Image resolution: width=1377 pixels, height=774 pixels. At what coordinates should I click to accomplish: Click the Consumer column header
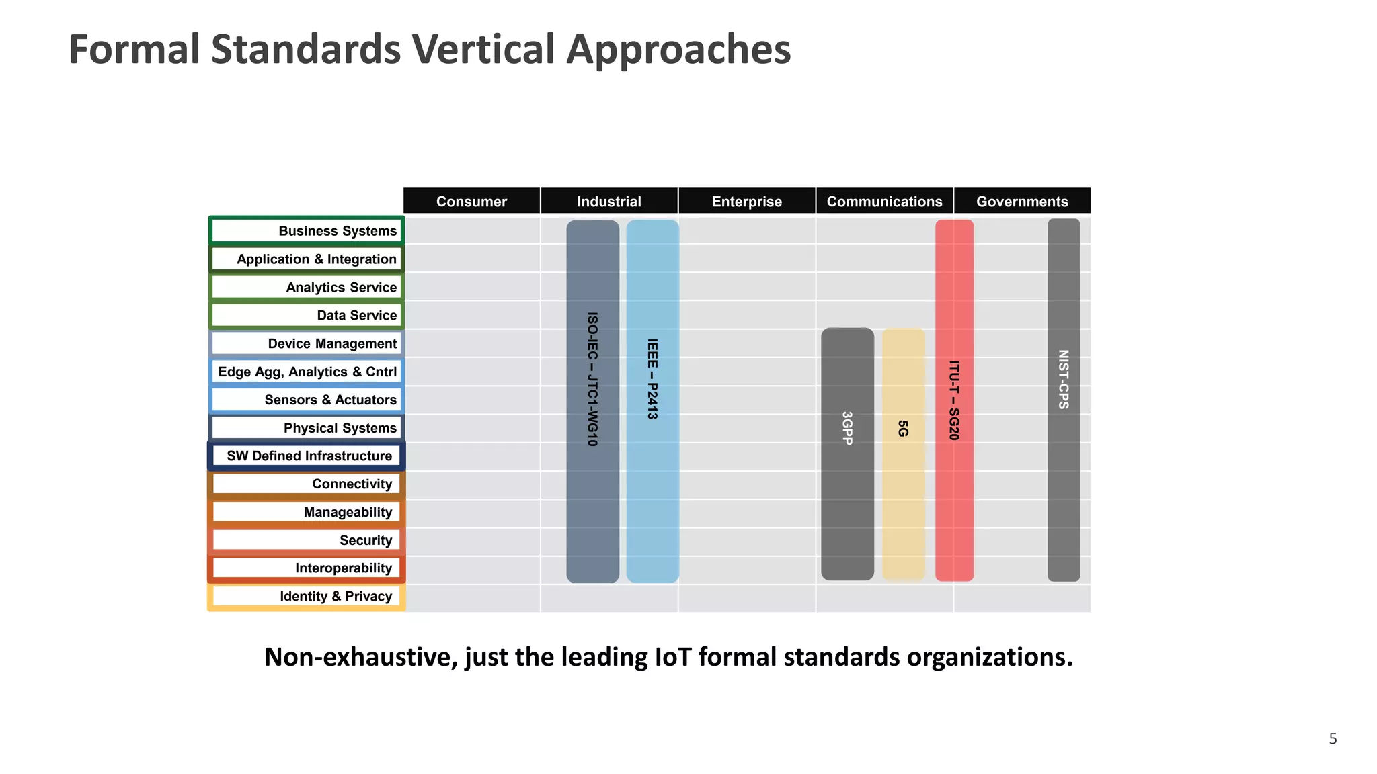click(x=471, y=202)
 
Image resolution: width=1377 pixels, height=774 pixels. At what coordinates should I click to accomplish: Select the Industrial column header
click(x=608, y=202)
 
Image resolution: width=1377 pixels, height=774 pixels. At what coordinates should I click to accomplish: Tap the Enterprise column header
click(x=746, y=202)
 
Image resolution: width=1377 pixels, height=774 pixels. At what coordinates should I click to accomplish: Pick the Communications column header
click(x=884, y=202)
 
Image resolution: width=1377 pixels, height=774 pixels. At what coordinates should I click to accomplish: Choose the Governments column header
click(x=1022, y=202)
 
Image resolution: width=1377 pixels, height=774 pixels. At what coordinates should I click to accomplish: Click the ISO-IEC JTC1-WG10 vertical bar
click(x=592, y=401)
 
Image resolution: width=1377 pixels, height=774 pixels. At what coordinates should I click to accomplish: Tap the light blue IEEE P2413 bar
click(x=652, y=401)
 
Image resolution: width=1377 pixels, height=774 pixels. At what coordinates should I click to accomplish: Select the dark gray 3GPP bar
click(x=847, y=454)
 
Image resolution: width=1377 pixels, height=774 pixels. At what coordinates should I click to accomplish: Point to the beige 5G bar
click(x=903, y=454)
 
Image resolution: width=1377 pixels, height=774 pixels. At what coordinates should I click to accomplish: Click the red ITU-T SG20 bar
click(x=954, y=400)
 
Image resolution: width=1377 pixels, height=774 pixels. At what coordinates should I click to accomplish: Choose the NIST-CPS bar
click(x=1064, y=400)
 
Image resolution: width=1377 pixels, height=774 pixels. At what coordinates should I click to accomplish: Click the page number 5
click(x=1333, y=739)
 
